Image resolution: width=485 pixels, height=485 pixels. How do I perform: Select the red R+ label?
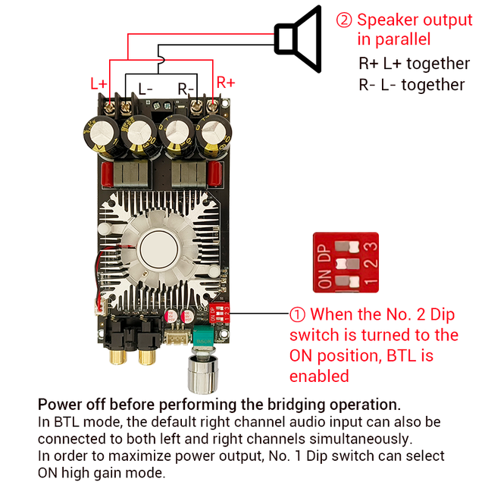point(226,82)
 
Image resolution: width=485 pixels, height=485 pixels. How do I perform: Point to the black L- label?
point(145,89)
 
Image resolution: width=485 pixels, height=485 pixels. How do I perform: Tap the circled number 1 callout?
point(298,314)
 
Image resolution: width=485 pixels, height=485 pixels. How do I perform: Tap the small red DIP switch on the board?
point(222,311)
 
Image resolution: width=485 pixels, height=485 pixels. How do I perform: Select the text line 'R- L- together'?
point(411,85)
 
